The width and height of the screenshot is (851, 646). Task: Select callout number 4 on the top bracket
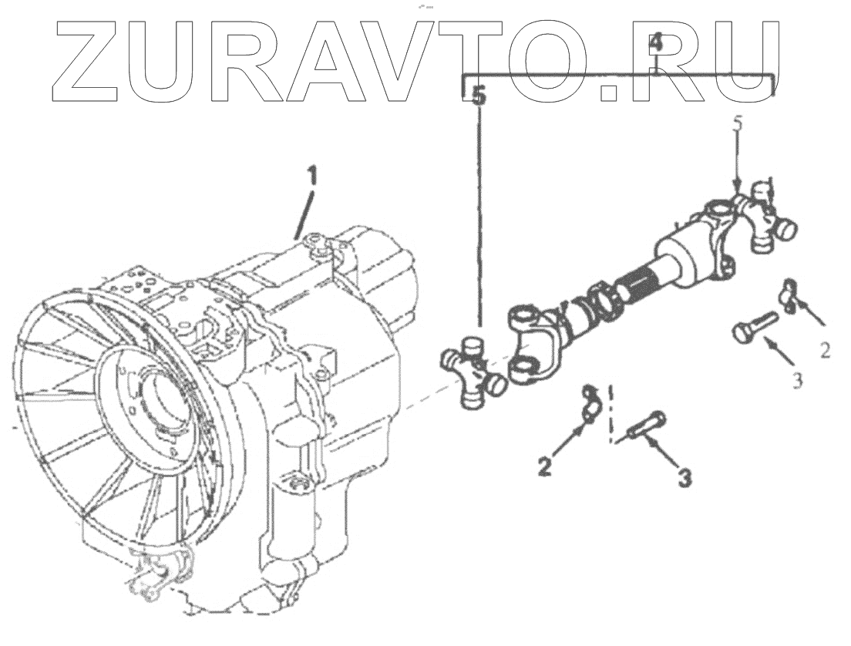[655, 43]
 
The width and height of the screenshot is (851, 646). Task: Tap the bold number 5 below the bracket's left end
[479, 96]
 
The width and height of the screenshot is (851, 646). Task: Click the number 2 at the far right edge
[825, 351]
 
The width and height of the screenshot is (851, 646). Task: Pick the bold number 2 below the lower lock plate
[546, 466]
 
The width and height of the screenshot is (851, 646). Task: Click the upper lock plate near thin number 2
[790, 295]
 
